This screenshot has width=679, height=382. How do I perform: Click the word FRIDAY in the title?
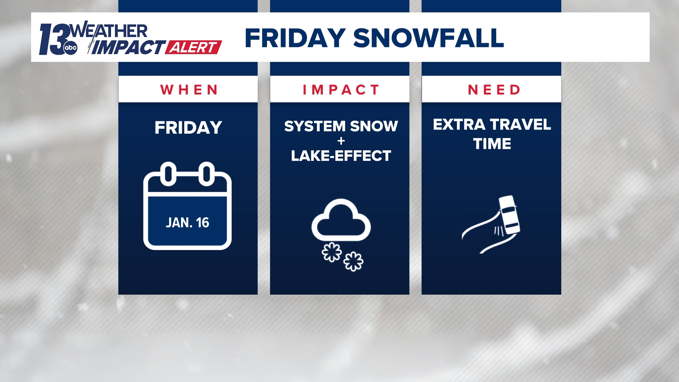coord(295,38)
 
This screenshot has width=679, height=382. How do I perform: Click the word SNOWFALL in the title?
coord(428,38)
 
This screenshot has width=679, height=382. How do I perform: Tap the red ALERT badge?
coord(193,47)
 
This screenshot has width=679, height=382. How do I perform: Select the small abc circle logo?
coord(70,48)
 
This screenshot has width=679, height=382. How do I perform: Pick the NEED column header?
coord(494,90)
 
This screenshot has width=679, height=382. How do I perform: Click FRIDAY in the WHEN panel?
coord(188,128)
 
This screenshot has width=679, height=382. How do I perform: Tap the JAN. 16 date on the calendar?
coord(187,222)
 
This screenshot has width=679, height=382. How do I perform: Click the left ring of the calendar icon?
coord(168,174)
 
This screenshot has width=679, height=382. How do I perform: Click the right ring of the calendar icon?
coord(207,174)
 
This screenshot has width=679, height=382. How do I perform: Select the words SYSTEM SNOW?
coord(341,126)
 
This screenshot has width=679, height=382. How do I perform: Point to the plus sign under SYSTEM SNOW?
coord(341,141)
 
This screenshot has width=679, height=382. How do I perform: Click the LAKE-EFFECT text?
coord(341,156)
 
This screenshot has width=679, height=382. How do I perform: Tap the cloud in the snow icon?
coord(341,221)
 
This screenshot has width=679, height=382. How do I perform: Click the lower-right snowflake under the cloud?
coord(353,262)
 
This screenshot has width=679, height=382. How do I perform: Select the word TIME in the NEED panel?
coord(492,144)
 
